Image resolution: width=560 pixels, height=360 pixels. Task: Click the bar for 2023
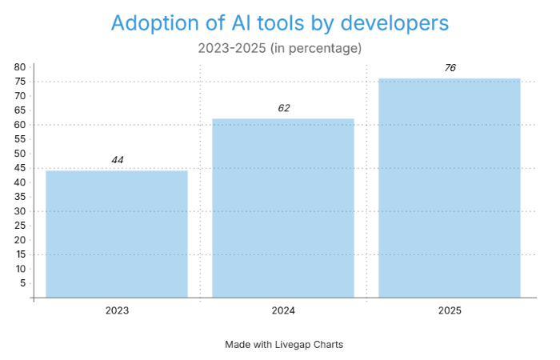tap(117, 234)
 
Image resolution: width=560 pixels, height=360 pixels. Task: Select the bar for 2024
tap(283, 208)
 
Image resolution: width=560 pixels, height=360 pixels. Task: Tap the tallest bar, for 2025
tap(450, 188)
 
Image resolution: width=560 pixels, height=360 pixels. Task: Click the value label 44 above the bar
tap(118, 160)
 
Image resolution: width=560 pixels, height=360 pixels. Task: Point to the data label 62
tap(283, 108)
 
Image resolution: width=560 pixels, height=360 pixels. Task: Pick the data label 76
tap(450, 68)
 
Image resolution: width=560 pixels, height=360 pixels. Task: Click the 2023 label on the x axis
tap(117, 310)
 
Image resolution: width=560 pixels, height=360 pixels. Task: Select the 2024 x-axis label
tap(283, 310)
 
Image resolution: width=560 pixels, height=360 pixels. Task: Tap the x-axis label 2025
tap(450, 310)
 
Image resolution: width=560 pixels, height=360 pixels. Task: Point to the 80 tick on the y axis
tap(20, 67)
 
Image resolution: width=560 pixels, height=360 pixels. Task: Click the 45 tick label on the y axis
tap(20, 168)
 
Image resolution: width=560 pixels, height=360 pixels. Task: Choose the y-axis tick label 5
tap(22, 283)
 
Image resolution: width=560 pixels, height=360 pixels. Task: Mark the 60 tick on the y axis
tap(20, 125)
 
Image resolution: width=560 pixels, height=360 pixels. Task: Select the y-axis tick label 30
tap(20, 211)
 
